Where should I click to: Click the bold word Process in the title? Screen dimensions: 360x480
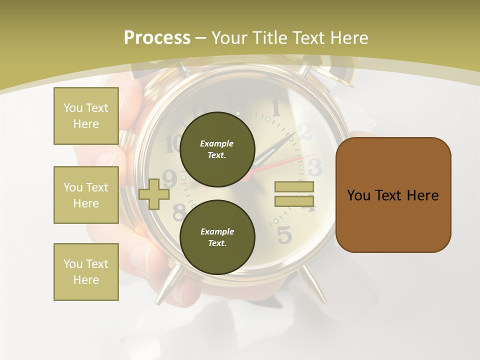(157, 38)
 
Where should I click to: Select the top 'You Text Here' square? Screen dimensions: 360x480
(86, 116)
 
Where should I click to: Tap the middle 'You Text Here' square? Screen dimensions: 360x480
(86, 195)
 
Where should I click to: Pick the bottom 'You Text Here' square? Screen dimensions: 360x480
(86, 272)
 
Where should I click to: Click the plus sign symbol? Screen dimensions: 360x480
(154, 194)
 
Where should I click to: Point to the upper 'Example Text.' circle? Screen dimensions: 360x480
(217, 149)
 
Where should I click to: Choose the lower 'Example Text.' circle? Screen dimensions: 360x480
(217, 237)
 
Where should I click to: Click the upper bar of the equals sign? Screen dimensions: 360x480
(294, 187)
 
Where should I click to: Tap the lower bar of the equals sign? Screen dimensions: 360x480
(294, 201)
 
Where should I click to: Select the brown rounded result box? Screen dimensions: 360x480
(393, 195)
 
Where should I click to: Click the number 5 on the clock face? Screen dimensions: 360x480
(284, 234)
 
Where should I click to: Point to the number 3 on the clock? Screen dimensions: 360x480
(314, 167)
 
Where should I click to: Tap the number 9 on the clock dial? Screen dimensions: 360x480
(170, 178)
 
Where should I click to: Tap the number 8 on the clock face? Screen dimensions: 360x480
(178, 212)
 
